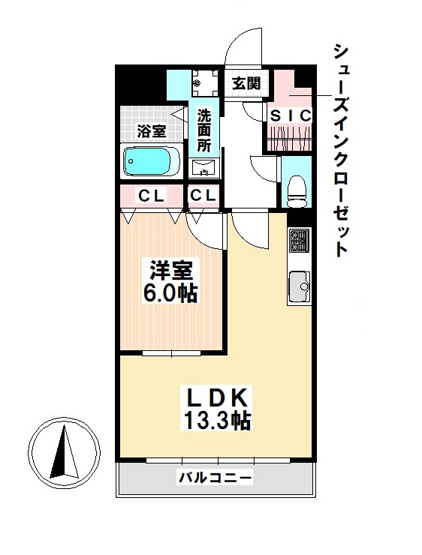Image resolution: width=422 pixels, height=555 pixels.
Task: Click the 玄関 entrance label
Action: point(245,83)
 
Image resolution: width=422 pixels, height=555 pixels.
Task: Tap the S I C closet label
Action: point(291,115)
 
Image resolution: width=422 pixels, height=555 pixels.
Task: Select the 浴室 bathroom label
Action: point(151,131)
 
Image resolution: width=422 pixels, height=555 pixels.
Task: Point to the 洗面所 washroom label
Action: point(204,131)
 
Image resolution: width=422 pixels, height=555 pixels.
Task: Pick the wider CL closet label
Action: point(151,196)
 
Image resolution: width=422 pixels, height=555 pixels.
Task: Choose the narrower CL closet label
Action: point(203,196)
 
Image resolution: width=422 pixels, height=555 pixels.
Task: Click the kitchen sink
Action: point(299,285)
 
